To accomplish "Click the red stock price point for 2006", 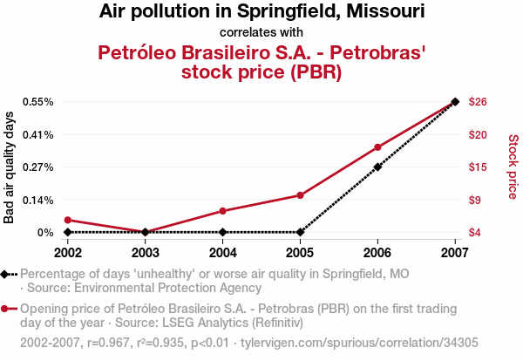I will pyautogui.click(x=377, y=147).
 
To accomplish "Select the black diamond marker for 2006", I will pyautogui.click(x=377, y=167).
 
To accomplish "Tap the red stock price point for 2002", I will pyautogui.click(x=67, y=220).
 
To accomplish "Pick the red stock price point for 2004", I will pyautogui.click(x=222, y=211).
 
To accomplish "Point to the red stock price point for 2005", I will pyautogui.click(x=300, y=195).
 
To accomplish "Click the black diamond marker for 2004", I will pyautogui.click(x=222, y=232).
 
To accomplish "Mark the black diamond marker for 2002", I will pyautogui.click(x=67, y=232).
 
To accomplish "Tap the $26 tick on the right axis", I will pyautogui.click(x=477, y=102).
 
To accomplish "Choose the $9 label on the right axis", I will pyautogui.click(x=474, y=200).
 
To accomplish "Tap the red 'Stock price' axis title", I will pyautogui.click(x=513, y=167).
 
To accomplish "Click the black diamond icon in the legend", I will pyautogui.click(x=6, y=274).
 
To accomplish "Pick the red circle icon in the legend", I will pyautogui.click(x=6, y=309).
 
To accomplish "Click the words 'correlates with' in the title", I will pyautogui.click(x=261, y=33).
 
